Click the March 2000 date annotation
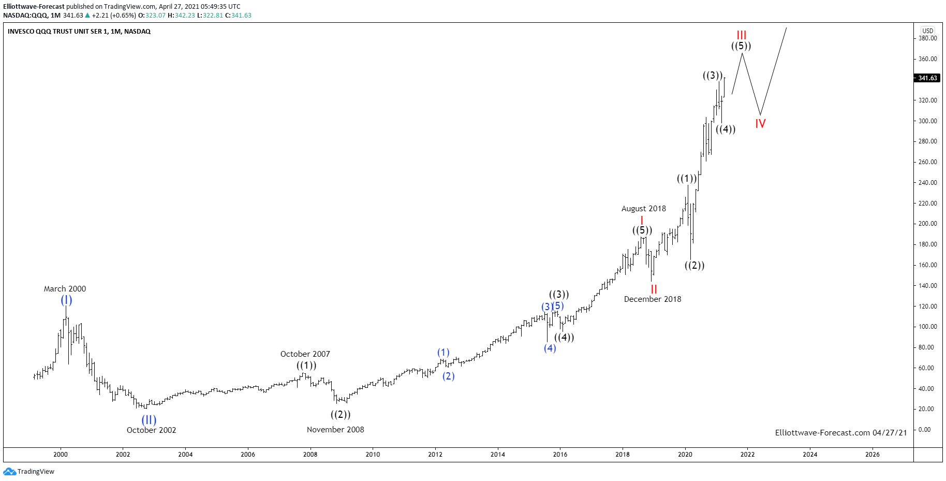point(65,289)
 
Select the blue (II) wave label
point(149,420)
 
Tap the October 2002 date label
point(151,430)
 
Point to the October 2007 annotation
point(305,354)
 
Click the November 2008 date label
point(335,430)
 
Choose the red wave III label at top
point(742,35)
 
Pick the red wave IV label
point(760,124)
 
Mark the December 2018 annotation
point(652,299)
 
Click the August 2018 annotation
point(643,209)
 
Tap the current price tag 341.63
point(927,78)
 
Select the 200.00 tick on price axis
point(927,224)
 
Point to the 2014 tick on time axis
point(497,455)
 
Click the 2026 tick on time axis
point(872,455)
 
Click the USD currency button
point(928,31)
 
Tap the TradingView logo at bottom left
point(29,472)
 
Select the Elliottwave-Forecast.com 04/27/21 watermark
point(840,433)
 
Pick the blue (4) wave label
point(550,348)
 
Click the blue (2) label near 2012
point(448,376)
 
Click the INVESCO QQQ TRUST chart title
point(79,32)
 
